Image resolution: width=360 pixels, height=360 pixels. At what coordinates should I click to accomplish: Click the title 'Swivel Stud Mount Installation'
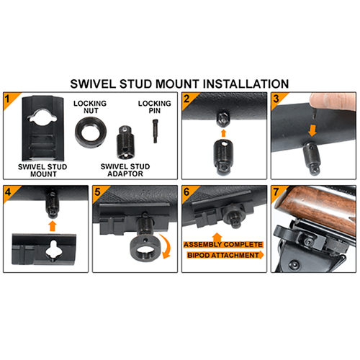tap(180, 84)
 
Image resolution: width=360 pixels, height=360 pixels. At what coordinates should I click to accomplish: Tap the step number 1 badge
tap(9, 99)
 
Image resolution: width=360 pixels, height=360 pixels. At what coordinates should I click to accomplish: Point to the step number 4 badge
tap(9, 193)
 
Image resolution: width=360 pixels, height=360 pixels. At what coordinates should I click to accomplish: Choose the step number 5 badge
tap(98, 193)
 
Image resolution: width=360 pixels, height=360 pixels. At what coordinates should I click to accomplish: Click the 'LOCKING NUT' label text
tap(91, 108)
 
